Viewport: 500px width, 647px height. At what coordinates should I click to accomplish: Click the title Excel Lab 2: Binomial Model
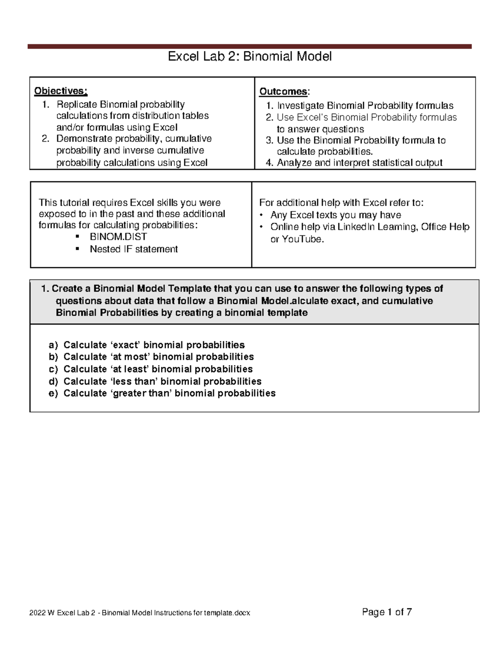point(250,56)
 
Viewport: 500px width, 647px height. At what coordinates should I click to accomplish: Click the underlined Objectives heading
point(61,91)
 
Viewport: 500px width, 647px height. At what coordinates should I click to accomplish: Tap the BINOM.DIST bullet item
point(118,237)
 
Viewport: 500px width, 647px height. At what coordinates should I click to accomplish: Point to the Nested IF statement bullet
point(133,249)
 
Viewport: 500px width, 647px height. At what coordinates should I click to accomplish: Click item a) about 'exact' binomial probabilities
point(154,345)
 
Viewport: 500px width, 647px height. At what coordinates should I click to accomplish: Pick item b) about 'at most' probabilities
point(158,357)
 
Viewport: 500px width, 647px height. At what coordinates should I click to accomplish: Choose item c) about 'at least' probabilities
point(158,369)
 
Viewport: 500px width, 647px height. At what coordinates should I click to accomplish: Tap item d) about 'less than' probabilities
point(162,381)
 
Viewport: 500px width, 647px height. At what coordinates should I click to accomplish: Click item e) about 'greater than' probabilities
point(169,393)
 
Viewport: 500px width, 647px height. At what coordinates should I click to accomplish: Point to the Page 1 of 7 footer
point(387,612)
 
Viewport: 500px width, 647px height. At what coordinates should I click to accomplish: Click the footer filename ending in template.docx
point(140,613)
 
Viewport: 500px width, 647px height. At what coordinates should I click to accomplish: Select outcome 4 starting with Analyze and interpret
point(359,163)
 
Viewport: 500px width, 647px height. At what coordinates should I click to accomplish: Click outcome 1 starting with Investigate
point(365,106)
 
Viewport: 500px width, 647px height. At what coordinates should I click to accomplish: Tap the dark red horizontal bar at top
point(250,47)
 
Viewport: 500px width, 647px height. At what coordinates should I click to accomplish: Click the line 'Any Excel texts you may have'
point(335,215)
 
